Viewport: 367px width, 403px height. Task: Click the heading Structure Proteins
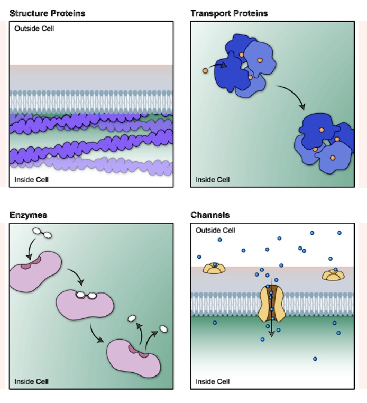pyautogui.click(x=47, y=13)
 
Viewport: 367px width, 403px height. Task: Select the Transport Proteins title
pyautogui.click(x=229, y=13)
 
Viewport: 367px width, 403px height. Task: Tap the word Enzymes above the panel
pyautogui.click(x=28, y=215)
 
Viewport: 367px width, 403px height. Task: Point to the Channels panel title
pyautogui.click(x=210, y=215)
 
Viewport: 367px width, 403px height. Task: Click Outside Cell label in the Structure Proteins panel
pyautogui.click(x=34, y=28)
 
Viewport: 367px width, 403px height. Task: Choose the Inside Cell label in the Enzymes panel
pyautogui.click(x=32, y=381)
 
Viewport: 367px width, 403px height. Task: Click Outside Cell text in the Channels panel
pyautogui.click(x=215, y=231)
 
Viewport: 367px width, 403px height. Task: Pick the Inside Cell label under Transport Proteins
pyautogui.click(x=213, y=180)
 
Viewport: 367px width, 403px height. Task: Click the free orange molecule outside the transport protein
pyautogui.click(x=205, y=70)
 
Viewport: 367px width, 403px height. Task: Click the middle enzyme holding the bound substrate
pyautogui.click(x=85, y=304)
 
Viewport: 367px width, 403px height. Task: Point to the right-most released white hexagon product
pyautogui.click(x=164, y=328)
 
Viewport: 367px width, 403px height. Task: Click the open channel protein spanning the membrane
pyautogui.click(x=271, y=305)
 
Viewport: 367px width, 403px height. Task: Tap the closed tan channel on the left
pyautogui.click(x=215, y=268)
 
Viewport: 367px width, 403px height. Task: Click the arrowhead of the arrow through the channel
pyautogui.click(x=271, y=334)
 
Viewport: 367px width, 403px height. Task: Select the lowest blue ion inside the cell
pyautogui.click(x=315, y=359)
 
